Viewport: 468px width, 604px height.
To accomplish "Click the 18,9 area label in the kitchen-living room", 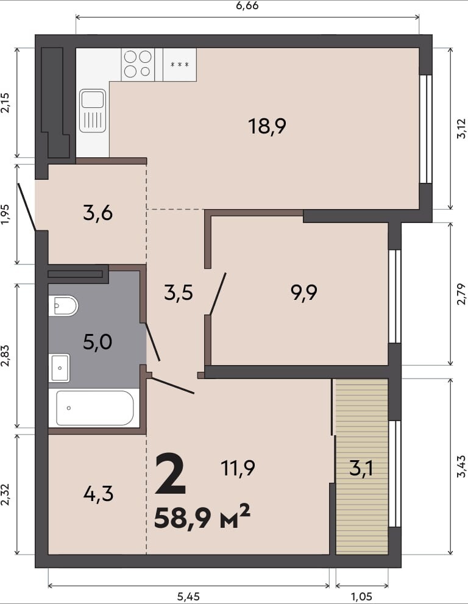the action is coord(267,126).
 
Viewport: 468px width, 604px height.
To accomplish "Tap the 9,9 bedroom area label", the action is coord(304,293).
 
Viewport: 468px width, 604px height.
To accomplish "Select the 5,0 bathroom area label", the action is coord(97,342).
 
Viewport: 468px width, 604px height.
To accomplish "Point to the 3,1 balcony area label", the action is coord(361,469).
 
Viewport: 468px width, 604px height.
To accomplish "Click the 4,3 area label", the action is coord(98,494).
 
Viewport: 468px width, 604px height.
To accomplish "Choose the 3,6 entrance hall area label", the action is coord(98,213).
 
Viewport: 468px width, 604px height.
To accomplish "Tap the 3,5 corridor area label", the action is coord(179,293).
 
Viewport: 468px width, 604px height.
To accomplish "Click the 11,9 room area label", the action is coord(238,469).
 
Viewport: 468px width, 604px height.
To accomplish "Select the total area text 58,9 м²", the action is coord(202,517).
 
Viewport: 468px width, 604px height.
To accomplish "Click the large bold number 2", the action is coord(170,475).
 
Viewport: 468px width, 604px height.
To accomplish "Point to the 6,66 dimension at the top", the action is coord(247,5).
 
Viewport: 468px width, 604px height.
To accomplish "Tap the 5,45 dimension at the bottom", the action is coord(188,597).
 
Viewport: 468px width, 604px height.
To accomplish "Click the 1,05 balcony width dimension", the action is coord(362,597).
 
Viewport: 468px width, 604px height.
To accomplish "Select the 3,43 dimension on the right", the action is coord(461,466).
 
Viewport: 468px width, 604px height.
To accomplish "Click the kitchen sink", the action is coord(93,111).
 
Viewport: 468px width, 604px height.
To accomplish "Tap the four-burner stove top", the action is coord(138,65).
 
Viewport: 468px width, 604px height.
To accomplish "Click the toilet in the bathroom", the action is coord(63,306).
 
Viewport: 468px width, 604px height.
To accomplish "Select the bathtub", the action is coord(94,408).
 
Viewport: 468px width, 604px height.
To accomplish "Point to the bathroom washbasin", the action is coord(59,368).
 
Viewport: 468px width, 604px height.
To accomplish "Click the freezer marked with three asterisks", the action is coord(180,65).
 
